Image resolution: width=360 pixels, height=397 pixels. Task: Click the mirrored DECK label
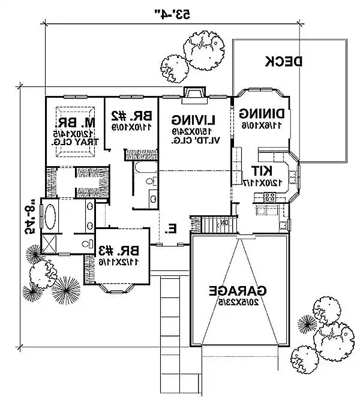click(283, 61)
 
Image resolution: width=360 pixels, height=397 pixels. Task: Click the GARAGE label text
click(238, 292)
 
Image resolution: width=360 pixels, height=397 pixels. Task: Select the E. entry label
click(172, 228)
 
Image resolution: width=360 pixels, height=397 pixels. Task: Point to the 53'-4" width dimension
click(173, 13)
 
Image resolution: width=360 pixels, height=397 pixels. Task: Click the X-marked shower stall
click(47, 246)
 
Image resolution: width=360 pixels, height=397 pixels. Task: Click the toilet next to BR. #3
click(89, 244)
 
